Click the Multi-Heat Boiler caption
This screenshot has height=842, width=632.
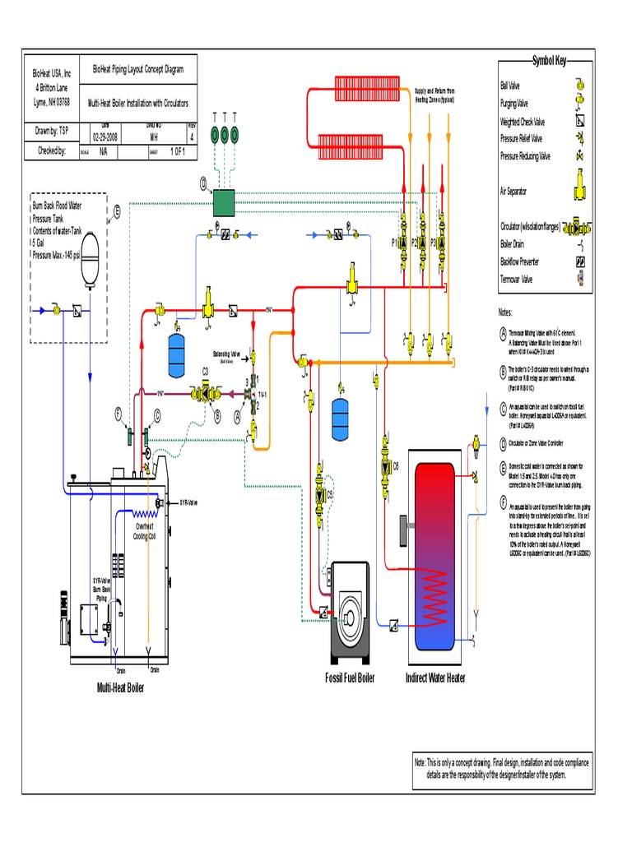tap(121, 687)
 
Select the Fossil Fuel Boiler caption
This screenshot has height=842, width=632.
tap(350, 678)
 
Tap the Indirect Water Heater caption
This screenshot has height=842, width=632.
tap(435, 678)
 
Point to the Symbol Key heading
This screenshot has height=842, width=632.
tap(550, 61)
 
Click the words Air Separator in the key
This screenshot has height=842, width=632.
tap(513, 191)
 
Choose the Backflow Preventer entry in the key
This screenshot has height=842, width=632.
tap(519, 261)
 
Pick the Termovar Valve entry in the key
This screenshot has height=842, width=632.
tap(516, 278)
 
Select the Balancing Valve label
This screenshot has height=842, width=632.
tap(226, 355)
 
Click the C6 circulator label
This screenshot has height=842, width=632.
tap(396, 465)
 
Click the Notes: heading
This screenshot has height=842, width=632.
tap(505, 312)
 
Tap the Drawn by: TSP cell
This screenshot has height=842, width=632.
tap(52, 130)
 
